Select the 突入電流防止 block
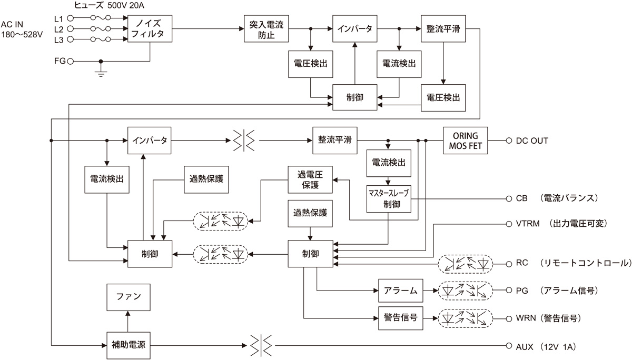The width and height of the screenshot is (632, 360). [x=267, y=28]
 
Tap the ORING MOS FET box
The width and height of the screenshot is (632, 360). [x=465, y=141]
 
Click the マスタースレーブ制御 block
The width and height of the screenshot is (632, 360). [x=388, y=199]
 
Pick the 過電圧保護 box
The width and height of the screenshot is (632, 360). [x=310, y=180]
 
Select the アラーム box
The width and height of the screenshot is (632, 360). [x=400, y=290]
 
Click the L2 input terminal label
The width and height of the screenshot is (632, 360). [x=58, y=29]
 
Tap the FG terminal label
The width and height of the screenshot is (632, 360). [x=60, y=61]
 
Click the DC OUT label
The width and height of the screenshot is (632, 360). [x=531, y=141]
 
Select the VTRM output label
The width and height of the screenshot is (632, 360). [x=528, y=224]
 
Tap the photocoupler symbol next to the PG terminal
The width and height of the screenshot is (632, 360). [x=466, y=290]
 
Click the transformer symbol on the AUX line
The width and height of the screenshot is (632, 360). [x=261, y=345]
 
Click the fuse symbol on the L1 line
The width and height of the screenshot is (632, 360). [x=100, y=18]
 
